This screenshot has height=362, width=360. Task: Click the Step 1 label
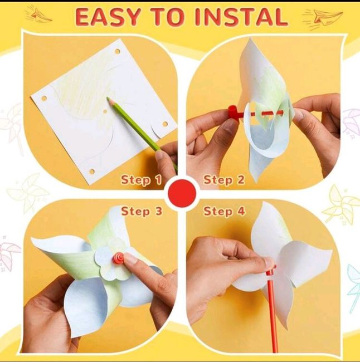(x=141, y=180)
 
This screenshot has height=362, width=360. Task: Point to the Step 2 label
(x=224, y=180)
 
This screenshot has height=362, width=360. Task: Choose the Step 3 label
(x=141, y=212)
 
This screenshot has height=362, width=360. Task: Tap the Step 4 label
(x=224, y=212)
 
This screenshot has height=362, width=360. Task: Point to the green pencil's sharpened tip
(x=109, y=100)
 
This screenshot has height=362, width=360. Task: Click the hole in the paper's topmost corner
(x=118, y=52)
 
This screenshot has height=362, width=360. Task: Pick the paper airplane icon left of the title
(x=38, y=15)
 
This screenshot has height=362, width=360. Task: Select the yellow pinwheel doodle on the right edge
(x=341, y=204)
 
